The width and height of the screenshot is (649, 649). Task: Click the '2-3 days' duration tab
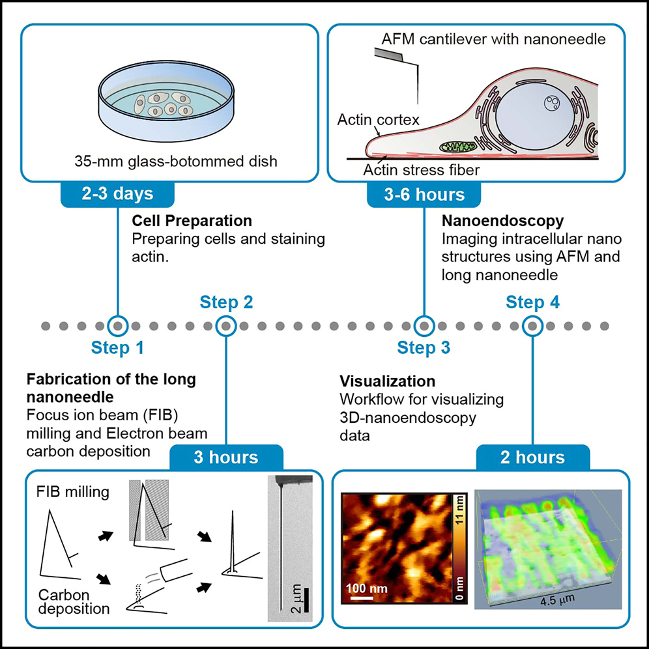(117, 194)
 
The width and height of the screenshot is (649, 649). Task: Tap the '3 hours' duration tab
(226, 457)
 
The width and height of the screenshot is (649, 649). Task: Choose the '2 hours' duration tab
(533, 457)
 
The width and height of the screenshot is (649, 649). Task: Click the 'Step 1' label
(117, 348)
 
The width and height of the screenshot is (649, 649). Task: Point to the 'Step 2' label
(226, 302)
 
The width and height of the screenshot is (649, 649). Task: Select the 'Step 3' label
(424, 348)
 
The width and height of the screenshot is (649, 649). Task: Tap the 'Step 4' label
(532, 302)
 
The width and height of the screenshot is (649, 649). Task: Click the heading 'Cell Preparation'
(192, 221)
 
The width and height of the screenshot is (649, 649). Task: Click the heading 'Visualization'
(387, 381)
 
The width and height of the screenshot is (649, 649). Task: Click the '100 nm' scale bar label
(366, 588)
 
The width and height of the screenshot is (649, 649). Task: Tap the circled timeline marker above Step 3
(424, 324)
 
